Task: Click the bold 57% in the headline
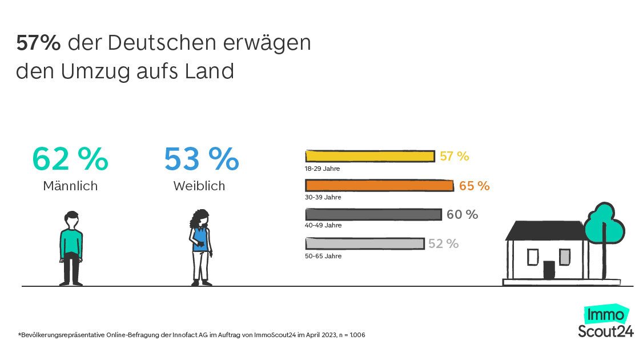38,43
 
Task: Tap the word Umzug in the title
95,72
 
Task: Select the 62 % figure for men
70,159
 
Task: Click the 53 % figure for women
202,159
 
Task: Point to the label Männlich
70,186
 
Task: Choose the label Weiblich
199,186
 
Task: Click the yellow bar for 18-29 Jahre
370,156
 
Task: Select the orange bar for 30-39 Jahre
379,186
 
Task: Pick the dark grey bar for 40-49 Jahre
373,214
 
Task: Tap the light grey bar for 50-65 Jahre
365,243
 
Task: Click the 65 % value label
475,186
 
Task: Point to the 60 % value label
463,214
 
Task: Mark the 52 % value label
443,244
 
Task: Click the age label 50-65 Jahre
323,256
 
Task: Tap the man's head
71,220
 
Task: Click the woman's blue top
200,239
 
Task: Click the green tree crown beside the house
604,224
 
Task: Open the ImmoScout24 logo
606,321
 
